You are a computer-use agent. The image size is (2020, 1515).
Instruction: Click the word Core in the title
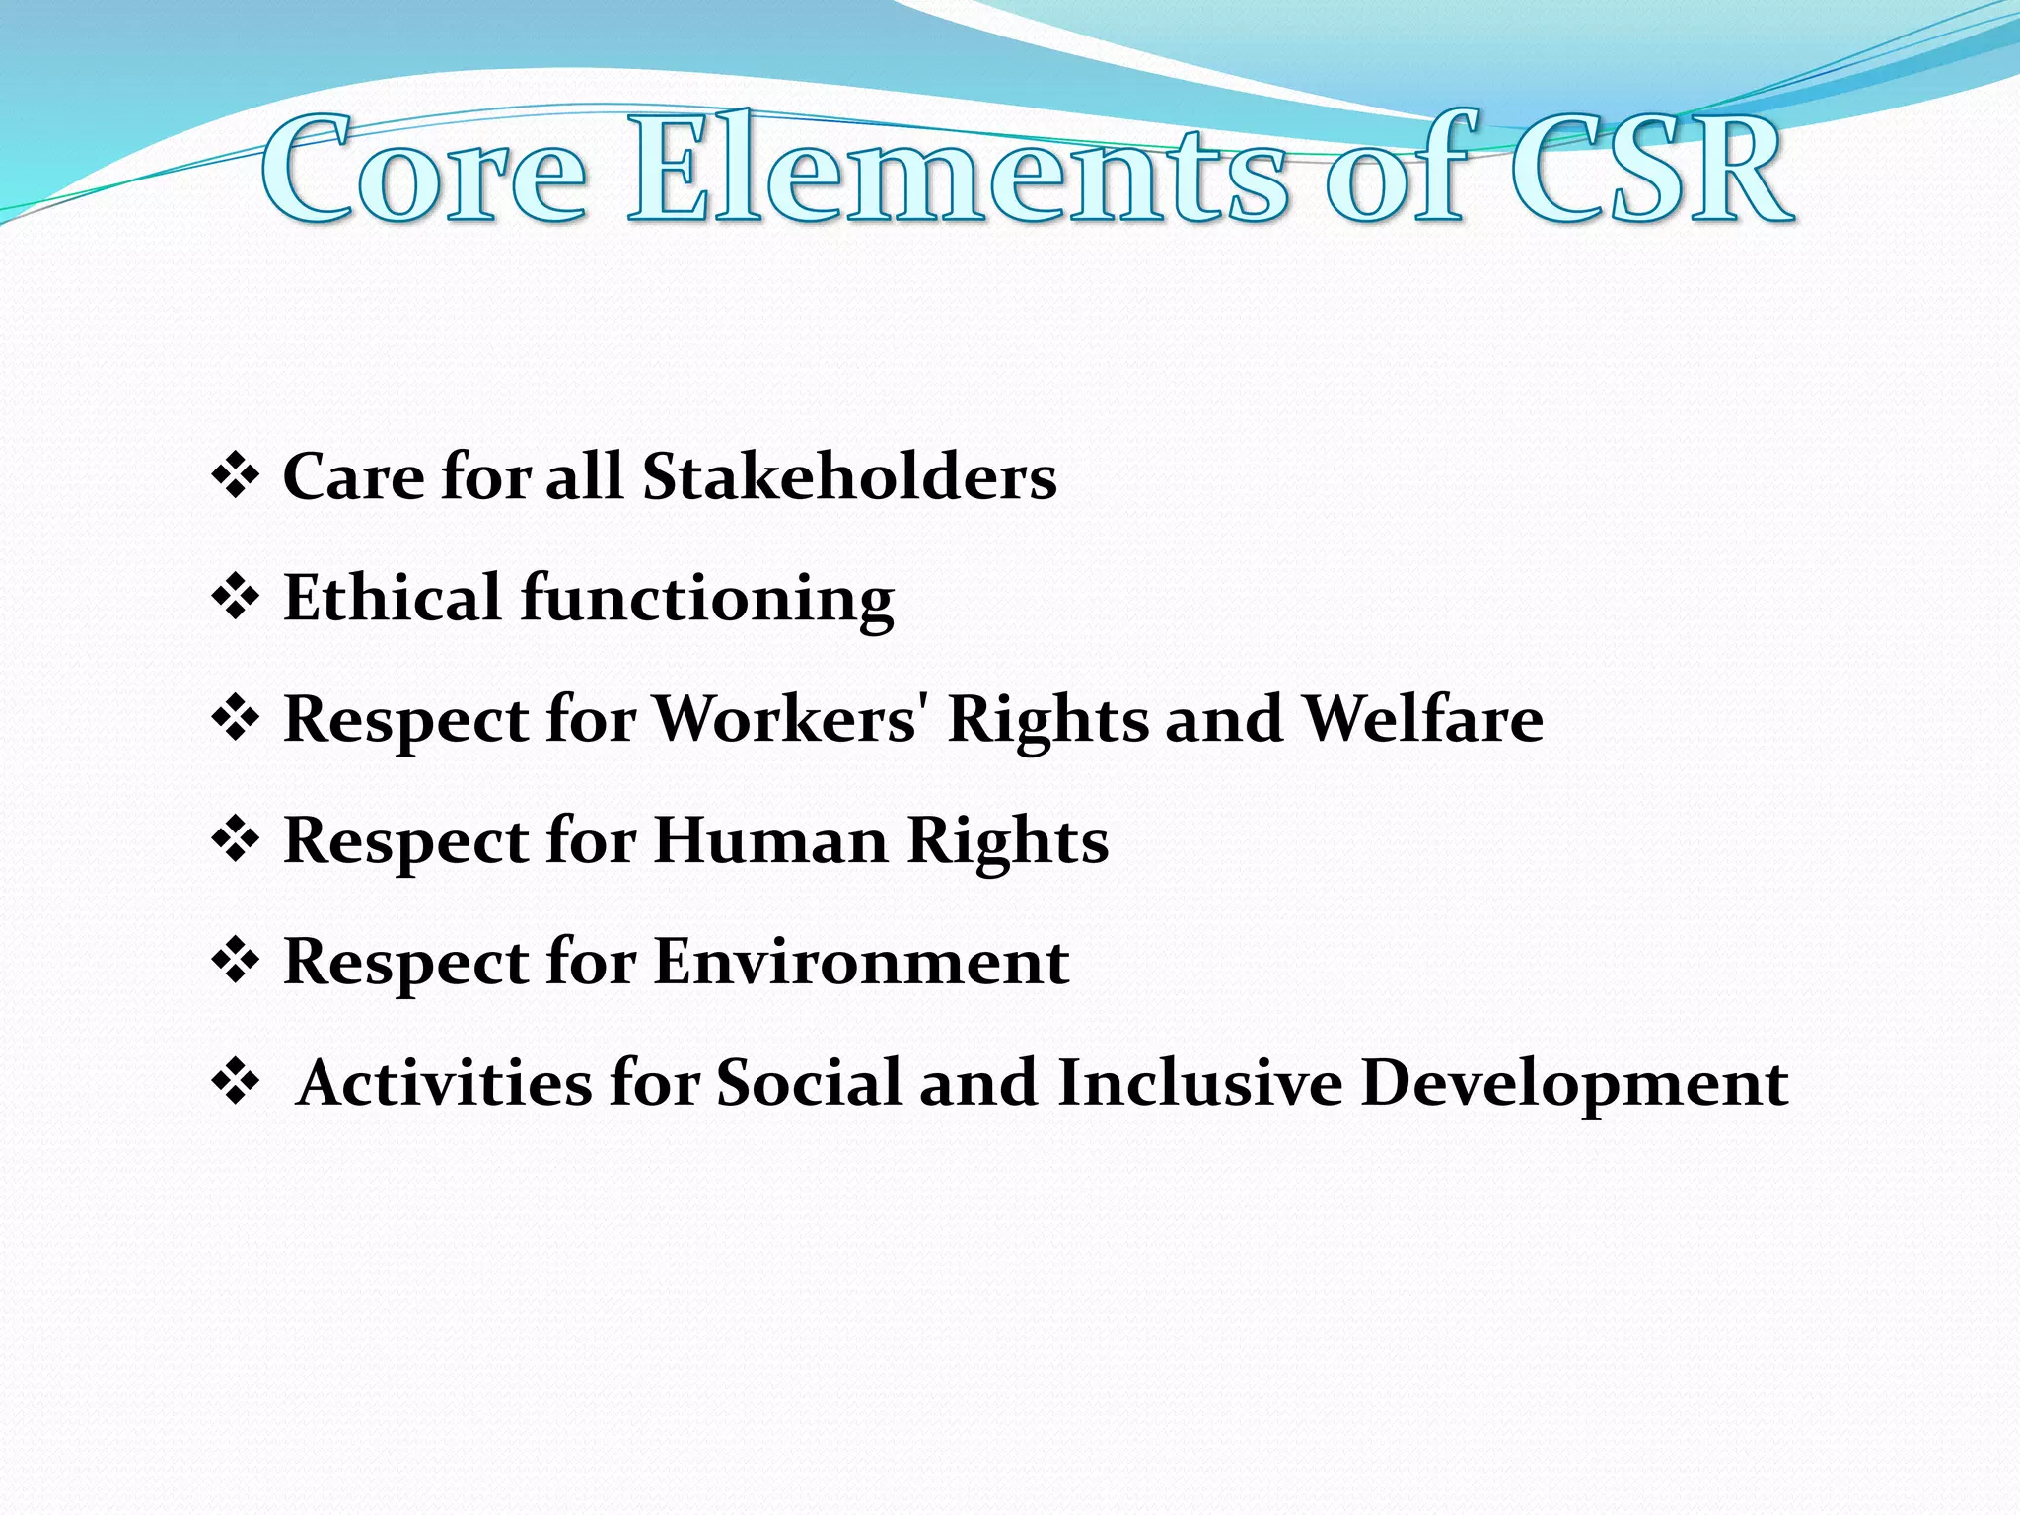tap(424, 170)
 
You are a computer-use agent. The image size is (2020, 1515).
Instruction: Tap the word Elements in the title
tap(957, 170)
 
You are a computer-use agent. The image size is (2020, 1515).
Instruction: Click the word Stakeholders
tap(849, 477)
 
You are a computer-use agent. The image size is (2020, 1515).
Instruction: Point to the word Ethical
tap(392, 598)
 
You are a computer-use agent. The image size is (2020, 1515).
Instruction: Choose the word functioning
tap(707, 600)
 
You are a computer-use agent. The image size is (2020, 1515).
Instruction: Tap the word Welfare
tap(1423, 719)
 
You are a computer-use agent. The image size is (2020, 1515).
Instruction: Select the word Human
tap(769, 840)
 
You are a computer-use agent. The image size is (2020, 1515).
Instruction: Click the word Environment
tap(861, 962)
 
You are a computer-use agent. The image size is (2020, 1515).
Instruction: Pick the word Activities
tap(443, 1083)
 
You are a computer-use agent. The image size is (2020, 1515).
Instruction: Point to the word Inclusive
tap(1199, 1083)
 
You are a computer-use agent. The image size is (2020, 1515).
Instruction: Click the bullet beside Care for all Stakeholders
tap(235, 477)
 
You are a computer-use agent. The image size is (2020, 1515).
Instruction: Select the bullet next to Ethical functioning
tap(235, 599)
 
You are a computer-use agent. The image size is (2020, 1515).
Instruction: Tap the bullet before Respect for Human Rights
tap(235, 841)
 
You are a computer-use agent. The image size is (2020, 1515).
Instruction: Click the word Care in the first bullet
tap(353, 477)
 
